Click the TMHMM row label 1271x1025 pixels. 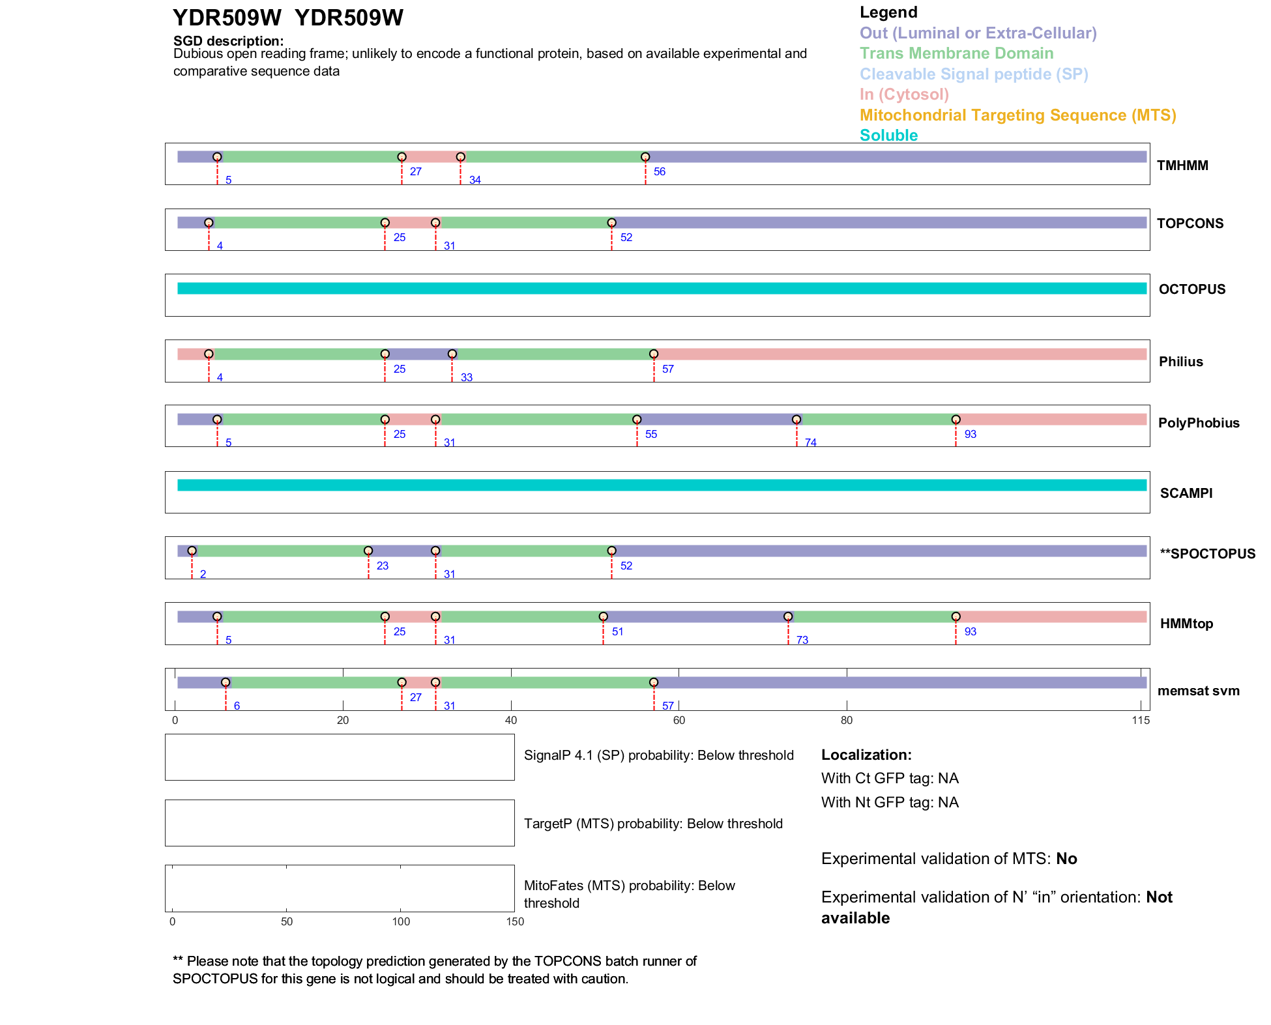click(1182, 166)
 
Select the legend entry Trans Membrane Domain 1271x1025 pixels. click(956, 53)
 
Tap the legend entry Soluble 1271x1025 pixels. click(888, 136)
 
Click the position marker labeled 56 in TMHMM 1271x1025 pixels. click(645, 157)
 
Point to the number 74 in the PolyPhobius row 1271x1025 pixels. click(810, 442)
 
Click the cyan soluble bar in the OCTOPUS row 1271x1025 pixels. click(662, 289)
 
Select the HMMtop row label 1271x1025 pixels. click(1186, 624)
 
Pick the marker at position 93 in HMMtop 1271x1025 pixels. click(956, 616)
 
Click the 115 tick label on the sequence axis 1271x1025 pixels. click(1141, 720)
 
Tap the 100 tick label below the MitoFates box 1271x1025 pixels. click(401, 921)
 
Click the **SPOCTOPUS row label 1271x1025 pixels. click(1207, 554)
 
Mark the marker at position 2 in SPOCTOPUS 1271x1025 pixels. click(192, 551)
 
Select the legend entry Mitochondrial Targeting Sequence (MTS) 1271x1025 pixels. click(1017, 115)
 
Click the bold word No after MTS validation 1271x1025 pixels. click(1066, 859)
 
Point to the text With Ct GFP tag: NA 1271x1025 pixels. click(890, 779)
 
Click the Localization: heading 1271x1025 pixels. click(866, 755)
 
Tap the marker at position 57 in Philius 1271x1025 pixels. click(654, 354)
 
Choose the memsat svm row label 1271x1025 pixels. click(1198, 691)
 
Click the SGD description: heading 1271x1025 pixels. click(228, 41)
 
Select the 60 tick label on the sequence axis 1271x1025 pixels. click(679, 720)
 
